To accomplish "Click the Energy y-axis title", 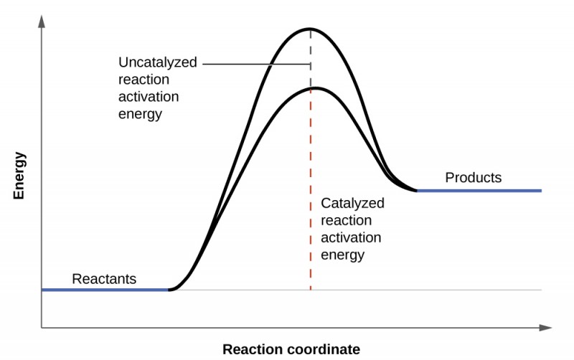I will [19, 175].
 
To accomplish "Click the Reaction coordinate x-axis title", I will [291, 349].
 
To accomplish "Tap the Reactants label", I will [104, 279].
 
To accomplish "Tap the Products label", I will [473, 177].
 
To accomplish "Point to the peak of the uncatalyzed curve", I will [310, 29].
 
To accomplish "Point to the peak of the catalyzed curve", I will [314, 88].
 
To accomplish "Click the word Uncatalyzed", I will [157, 62].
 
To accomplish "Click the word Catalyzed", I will [352, 203].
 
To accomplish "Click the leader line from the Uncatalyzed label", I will [255, 64].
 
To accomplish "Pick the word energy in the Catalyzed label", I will [343, 255].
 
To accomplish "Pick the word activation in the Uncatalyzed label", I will [149, 97].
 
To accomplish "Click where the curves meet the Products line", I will [416, 191].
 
